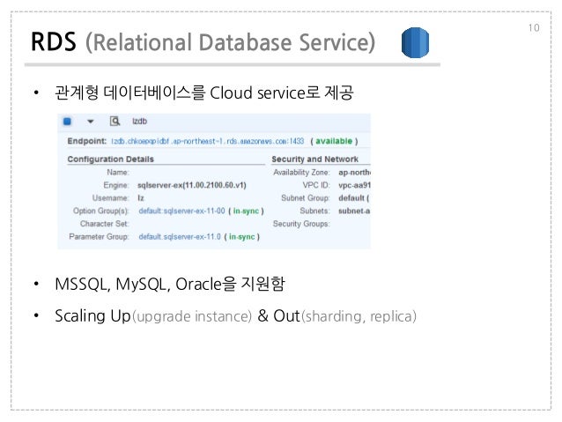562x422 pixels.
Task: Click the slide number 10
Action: click(534, 28)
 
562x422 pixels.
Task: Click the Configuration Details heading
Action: click(111, 159)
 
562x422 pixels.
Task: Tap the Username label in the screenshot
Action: click(110, 199)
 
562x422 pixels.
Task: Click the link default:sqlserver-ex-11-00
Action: click(180, 211)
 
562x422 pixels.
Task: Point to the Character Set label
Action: click(103, 225)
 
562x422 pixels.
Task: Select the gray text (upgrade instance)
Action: click(192, 316)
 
